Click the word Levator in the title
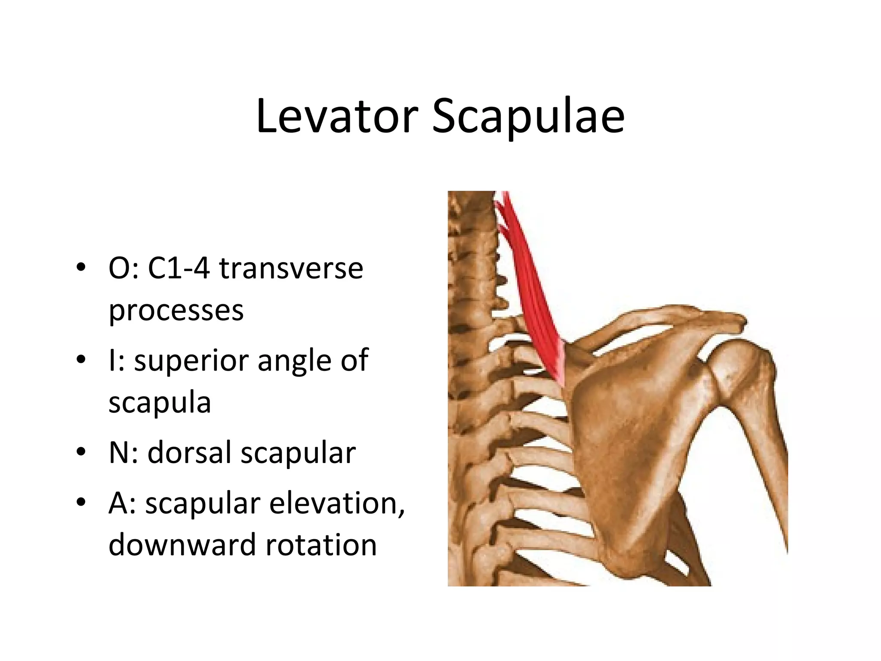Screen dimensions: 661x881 pos(337,116)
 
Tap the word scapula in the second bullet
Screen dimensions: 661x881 pos(160,402)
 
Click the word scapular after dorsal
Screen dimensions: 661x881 pos(298,453)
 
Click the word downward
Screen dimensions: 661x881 pos(182,545)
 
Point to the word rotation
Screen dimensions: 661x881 pos(321,545)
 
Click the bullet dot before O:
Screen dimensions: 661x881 pos(81,268)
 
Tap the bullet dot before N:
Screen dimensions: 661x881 pos(81,452)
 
